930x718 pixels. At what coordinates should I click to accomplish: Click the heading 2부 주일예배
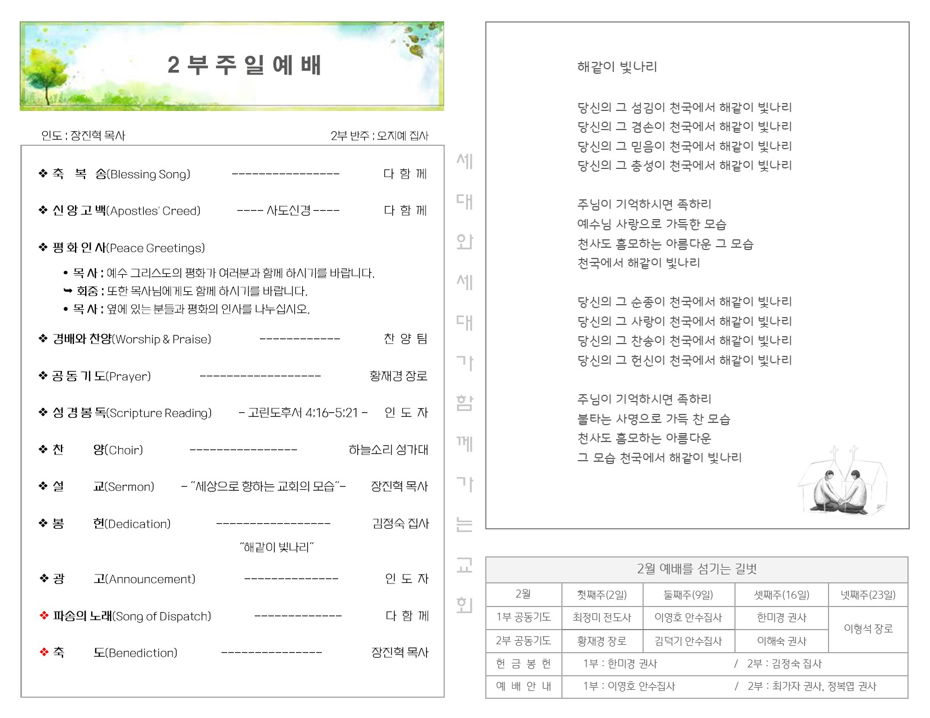click(244, 65)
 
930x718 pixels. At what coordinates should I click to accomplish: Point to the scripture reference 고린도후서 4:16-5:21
click(303, 413)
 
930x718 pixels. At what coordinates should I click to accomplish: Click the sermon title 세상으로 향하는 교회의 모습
click(264, 487)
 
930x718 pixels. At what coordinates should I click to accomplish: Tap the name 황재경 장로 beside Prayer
click(398, 376)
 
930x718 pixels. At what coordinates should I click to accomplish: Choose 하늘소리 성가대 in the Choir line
click(388, 450)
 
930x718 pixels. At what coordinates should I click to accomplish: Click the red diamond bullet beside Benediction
click(44, 652)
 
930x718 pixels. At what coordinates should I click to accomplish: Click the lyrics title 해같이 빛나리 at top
click(617, 67)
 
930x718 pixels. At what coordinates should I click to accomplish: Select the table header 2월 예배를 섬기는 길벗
click(697, 569)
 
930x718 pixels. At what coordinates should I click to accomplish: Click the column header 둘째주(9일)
click(688, 595)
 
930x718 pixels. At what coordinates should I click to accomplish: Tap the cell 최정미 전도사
click(601, 618)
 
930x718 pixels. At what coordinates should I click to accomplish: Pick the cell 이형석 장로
click(868, 629)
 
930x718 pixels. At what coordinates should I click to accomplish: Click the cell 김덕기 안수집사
click(688, 641)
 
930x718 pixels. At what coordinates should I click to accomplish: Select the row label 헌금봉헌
click(523, 664)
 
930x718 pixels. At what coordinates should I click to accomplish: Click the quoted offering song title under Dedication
click(276, 547)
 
